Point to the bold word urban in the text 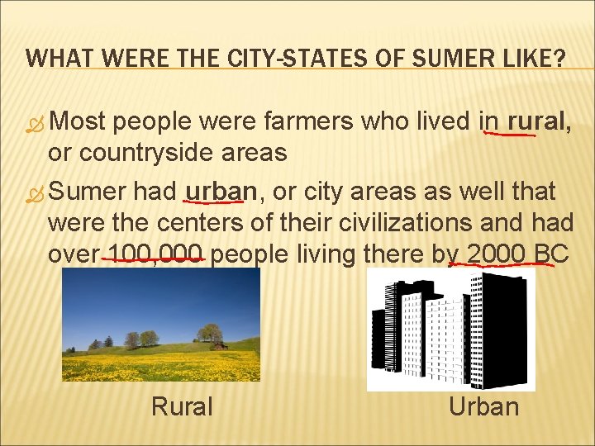(x=221, y=192)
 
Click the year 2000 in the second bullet (x=495, y=254)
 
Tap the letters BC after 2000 (x=550, y=254)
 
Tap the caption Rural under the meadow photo (x=182, y=406)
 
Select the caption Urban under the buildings (x=484, y=406)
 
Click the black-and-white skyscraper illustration (x=451, y=330)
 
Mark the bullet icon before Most (x=35, y=124)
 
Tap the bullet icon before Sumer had (x=35, y=194)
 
